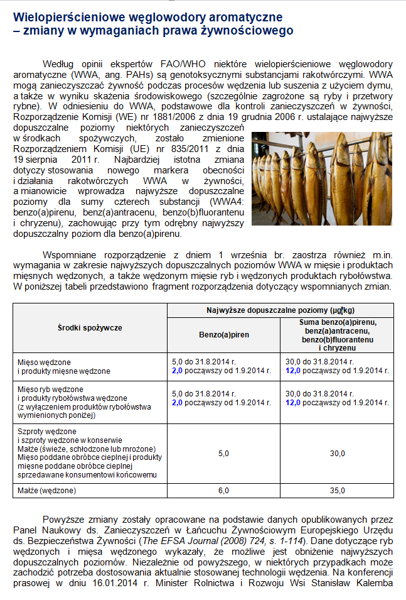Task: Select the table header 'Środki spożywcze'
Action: [90, 327]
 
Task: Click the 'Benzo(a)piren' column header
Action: [224, 335]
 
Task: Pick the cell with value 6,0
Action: [223, 491]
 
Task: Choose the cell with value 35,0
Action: [338, 491]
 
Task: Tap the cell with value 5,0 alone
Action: [223, 452]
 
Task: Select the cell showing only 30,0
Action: [338, 452]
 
